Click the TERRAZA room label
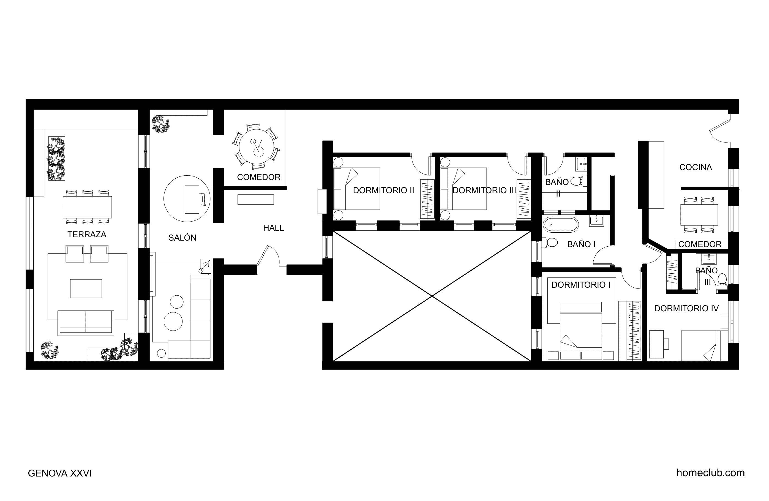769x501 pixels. tap(87, 234)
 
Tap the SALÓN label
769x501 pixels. tap(182, 238)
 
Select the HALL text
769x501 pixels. tap(273, 228)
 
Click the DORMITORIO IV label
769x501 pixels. tap(686, 308)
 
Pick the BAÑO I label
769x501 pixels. tap(581, 244)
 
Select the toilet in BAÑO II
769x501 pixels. tap(578, 181)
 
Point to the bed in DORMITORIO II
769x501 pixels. tap(356, 189)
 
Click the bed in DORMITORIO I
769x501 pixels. tap(581, 330)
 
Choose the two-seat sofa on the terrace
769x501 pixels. tap(86, 322)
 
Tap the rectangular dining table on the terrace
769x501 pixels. tap(87, 207)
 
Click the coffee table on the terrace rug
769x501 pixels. tap(86, 288)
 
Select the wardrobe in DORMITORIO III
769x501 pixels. tap(523, 198)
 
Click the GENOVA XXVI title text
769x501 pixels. tap(60, 473)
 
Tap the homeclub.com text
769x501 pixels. tap(711, 473)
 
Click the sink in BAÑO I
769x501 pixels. tap(596, 220)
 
